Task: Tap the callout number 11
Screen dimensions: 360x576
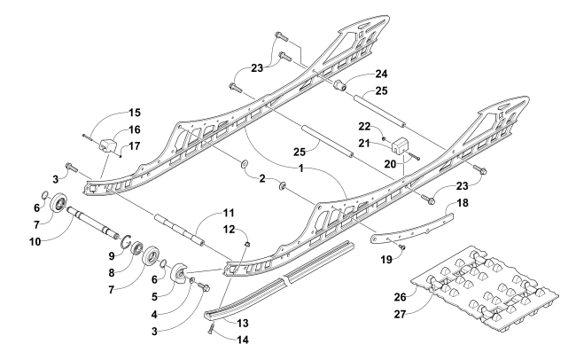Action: click(228, 213)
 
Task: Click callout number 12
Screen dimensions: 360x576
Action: click(230, 229)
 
